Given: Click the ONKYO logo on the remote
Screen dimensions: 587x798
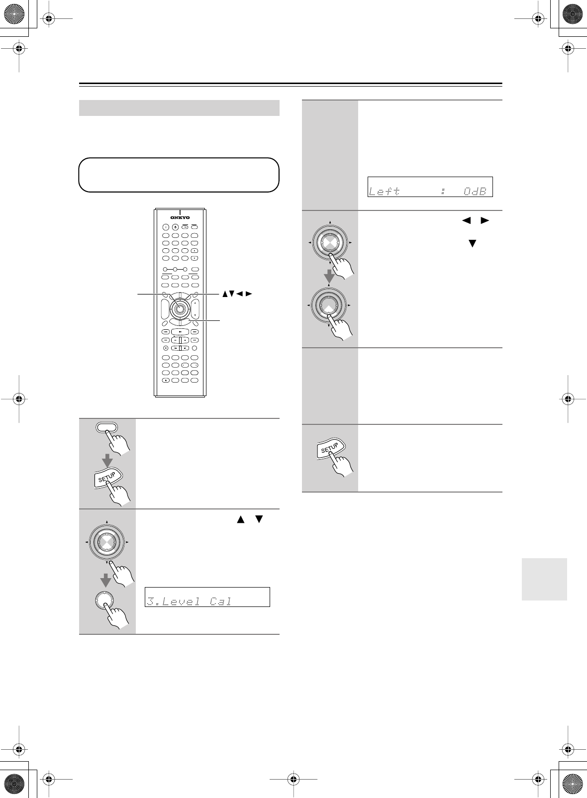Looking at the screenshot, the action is click(180, 217).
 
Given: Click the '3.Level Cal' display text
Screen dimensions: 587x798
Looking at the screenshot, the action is click(189, 601).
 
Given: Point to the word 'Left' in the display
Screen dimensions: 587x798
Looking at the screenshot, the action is click(384, 191).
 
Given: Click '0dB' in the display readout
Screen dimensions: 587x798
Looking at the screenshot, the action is click(475, 191).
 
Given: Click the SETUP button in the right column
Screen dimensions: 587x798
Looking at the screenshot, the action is click(329, 449).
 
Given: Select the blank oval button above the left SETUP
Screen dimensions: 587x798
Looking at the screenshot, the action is click(107, 426).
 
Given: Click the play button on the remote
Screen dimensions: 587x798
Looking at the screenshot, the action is click(180, 331).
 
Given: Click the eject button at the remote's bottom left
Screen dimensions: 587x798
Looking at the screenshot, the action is click(166, 381).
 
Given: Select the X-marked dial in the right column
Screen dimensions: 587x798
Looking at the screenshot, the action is click(329, 243).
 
